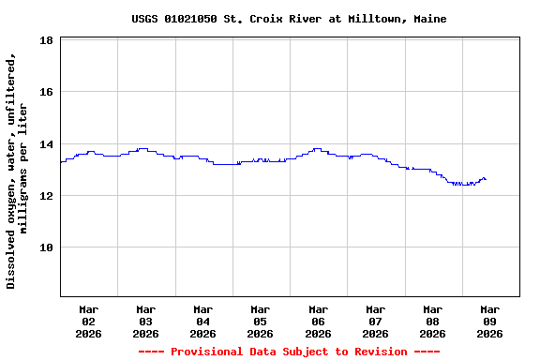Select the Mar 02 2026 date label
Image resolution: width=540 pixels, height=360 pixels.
[x=89, y=321]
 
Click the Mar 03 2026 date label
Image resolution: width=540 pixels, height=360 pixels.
[x=146, y=321]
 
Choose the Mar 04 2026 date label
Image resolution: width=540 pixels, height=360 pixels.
[x=203, y=321]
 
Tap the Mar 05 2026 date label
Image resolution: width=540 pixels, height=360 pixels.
[x=261, y=321]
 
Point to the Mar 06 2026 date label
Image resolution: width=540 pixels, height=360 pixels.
[x=318, y=321]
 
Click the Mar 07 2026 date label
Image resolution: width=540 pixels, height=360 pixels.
[x=375, y=321]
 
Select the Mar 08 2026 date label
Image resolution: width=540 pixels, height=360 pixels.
[x=432, y=321]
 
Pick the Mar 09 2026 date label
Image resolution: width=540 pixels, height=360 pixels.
[x=489, y=321]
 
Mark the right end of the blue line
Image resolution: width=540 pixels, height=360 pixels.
[x=486, y=179]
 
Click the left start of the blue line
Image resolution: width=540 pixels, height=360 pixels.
[x=61, y=162]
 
